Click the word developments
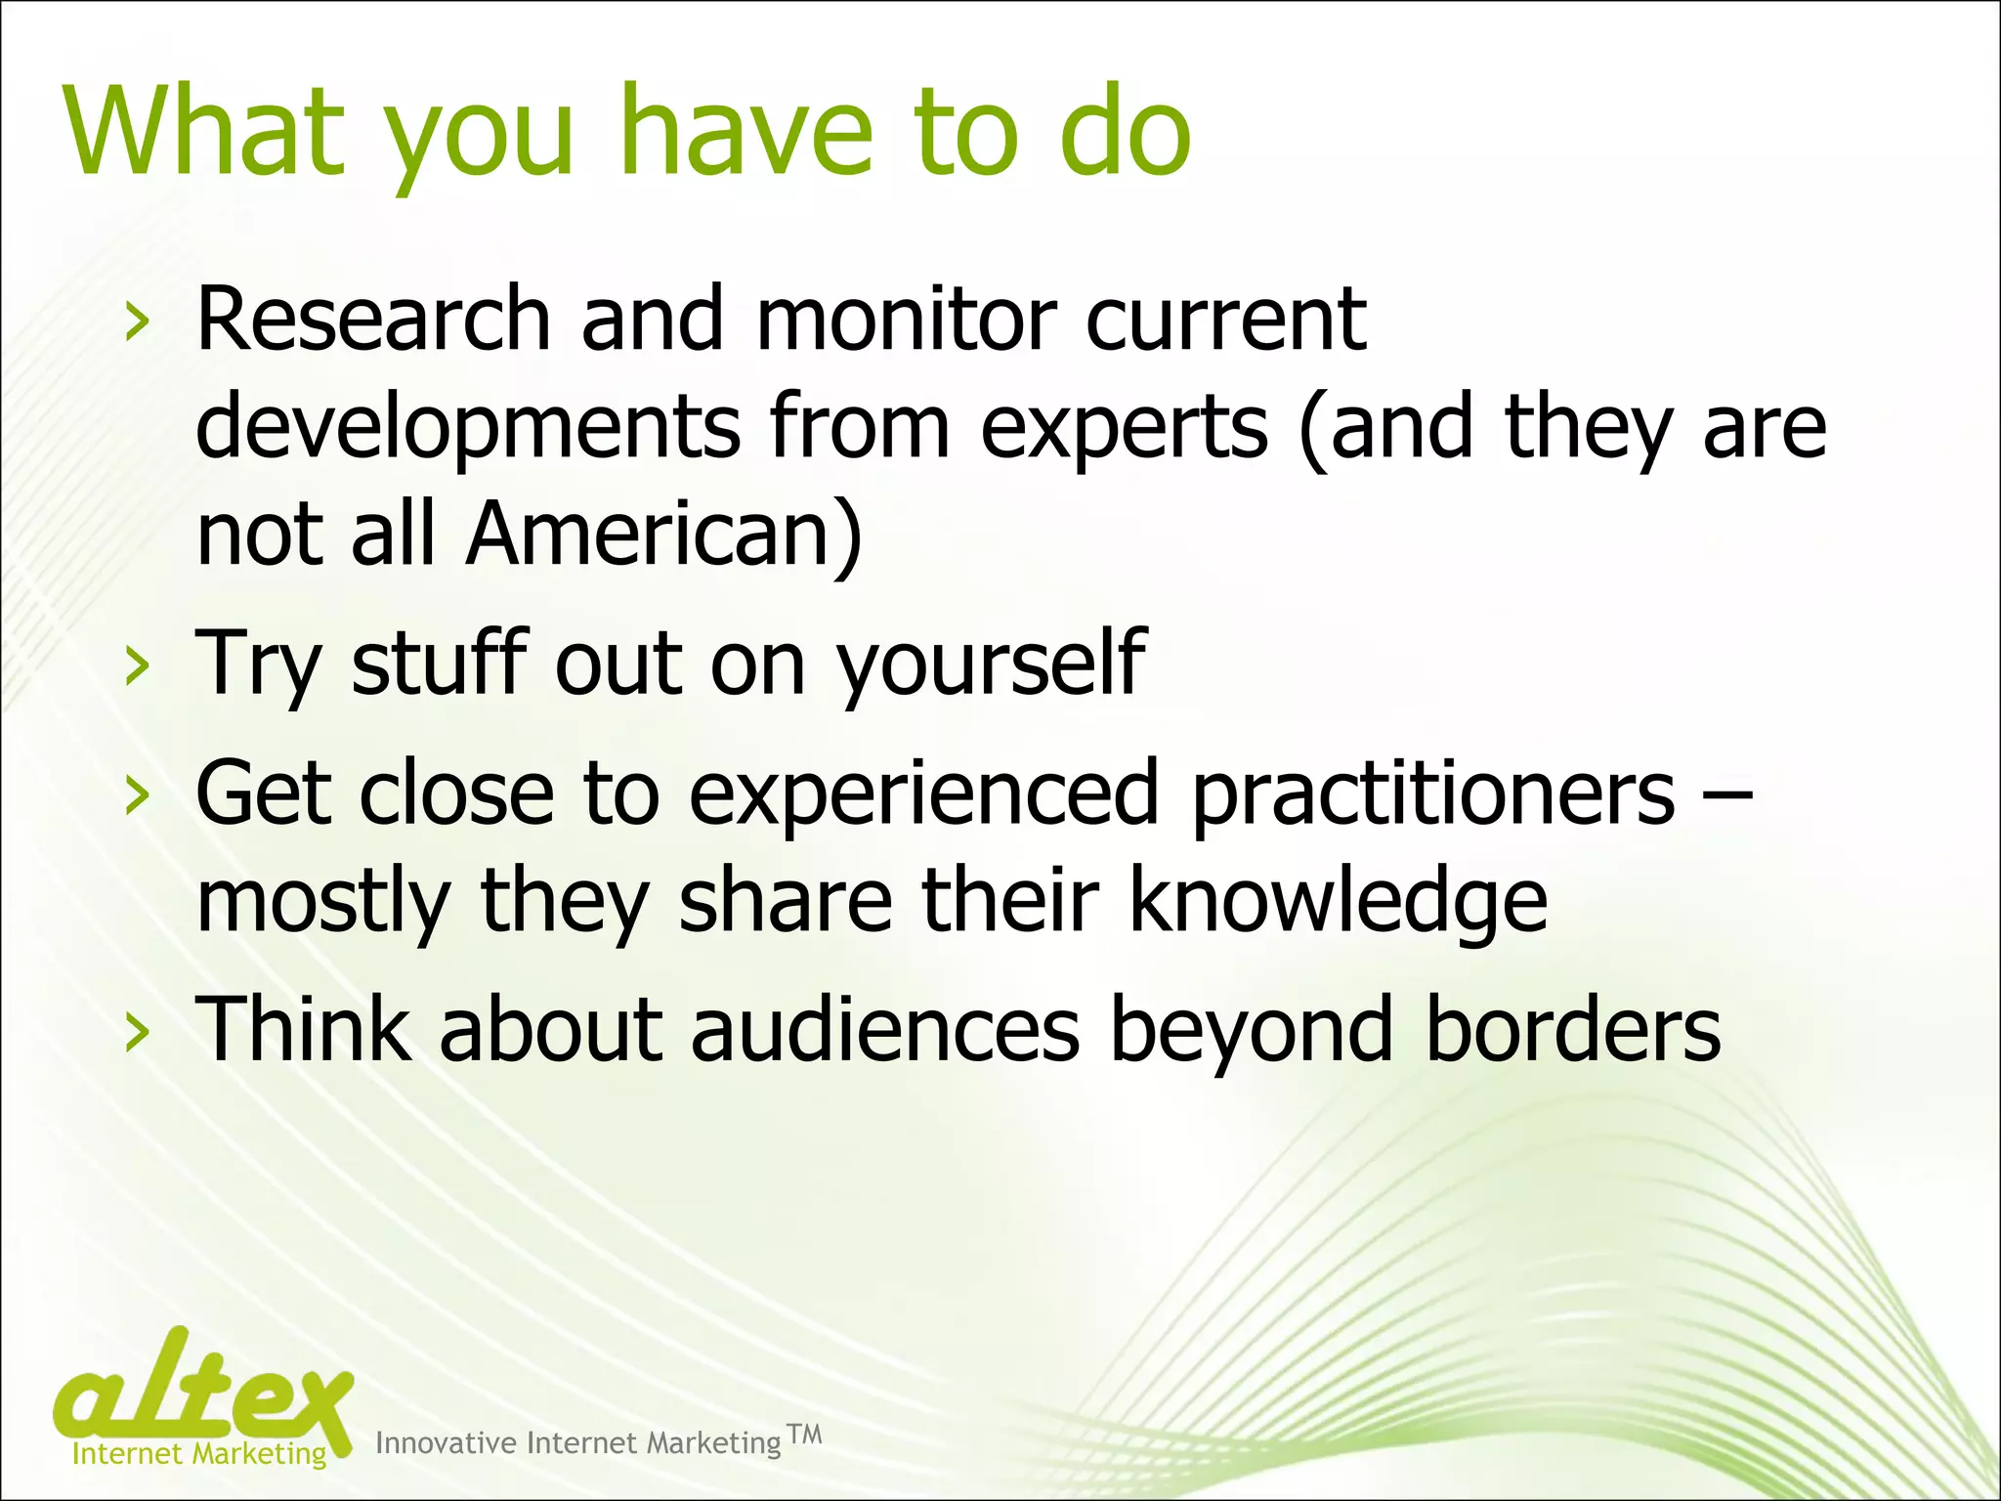pyautogui.click(x=468, y=428)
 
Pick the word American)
pyautogui.click(x=664, y=535)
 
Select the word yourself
pyautogui.click(x=991, y=665)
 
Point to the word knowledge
pyautogui.click(x=1338, y=901)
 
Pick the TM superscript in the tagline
pyautogui.click(x=805, y=1434)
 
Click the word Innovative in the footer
pyautogui.click(x=446, y=1443)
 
